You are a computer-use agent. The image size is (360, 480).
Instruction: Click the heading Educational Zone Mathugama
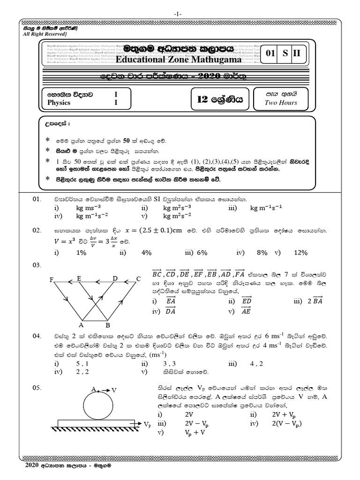pyautogui.click(x=179, y=60)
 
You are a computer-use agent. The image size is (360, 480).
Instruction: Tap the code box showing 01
pyautogui.click(x=270, y=53)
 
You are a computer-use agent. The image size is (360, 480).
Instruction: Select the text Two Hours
pyautogui.click(x=281, y=102)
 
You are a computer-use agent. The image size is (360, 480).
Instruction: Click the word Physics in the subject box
pyautogui.click(x=59, y=102)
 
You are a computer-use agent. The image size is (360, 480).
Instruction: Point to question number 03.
pyautogui.click(x=37, y=265)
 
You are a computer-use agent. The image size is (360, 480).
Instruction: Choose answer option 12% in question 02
pyautogui.click(x=300, y=253)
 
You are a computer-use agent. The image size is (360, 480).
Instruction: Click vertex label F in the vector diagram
pyautogui.click(x=51, y=280)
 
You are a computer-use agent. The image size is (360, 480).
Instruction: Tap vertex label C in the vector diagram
pyautogui.click(x=138, y=279)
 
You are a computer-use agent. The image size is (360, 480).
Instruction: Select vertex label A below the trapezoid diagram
pyautogui.click(x=81, y=324)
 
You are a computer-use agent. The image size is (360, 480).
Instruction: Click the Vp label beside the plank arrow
pyautogui.click(x=148, y=425)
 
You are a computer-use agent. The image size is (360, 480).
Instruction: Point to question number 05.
pyautogui.click(x=37, y=388)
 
